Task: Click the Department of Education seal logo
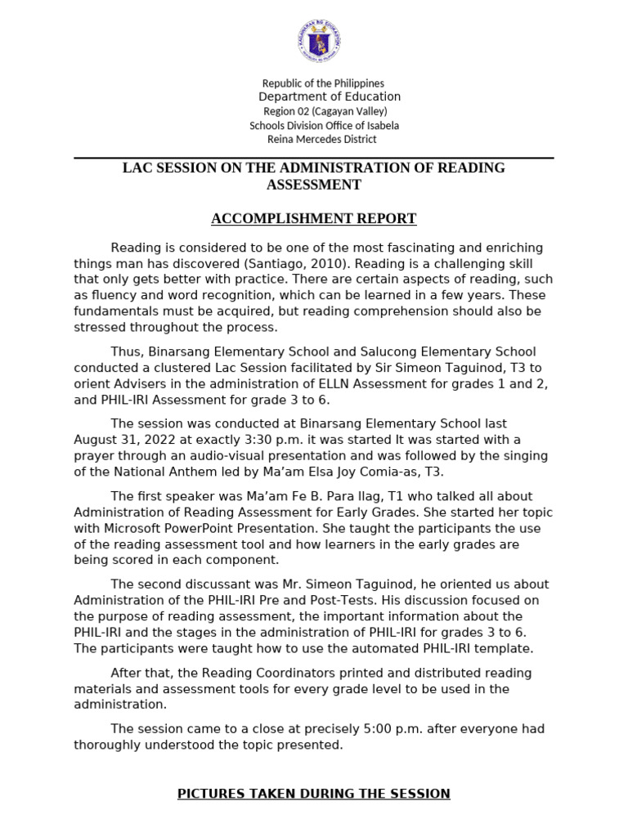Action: [x=320, y=42]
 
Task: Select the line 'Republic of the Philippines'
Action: [x=322, y=83]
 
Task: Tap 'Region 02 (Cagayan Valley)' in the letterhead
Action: [x=325, y=111]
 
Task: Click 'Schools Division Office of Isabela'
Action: [x=324, y=125]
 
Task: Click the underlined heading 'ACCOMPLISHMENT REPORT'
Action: [x=313, y=218]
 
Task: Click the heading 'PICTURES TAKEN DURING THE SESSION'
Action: [x=313, y=794]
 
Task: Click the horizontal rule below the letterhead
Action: [x=313, y=158]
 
